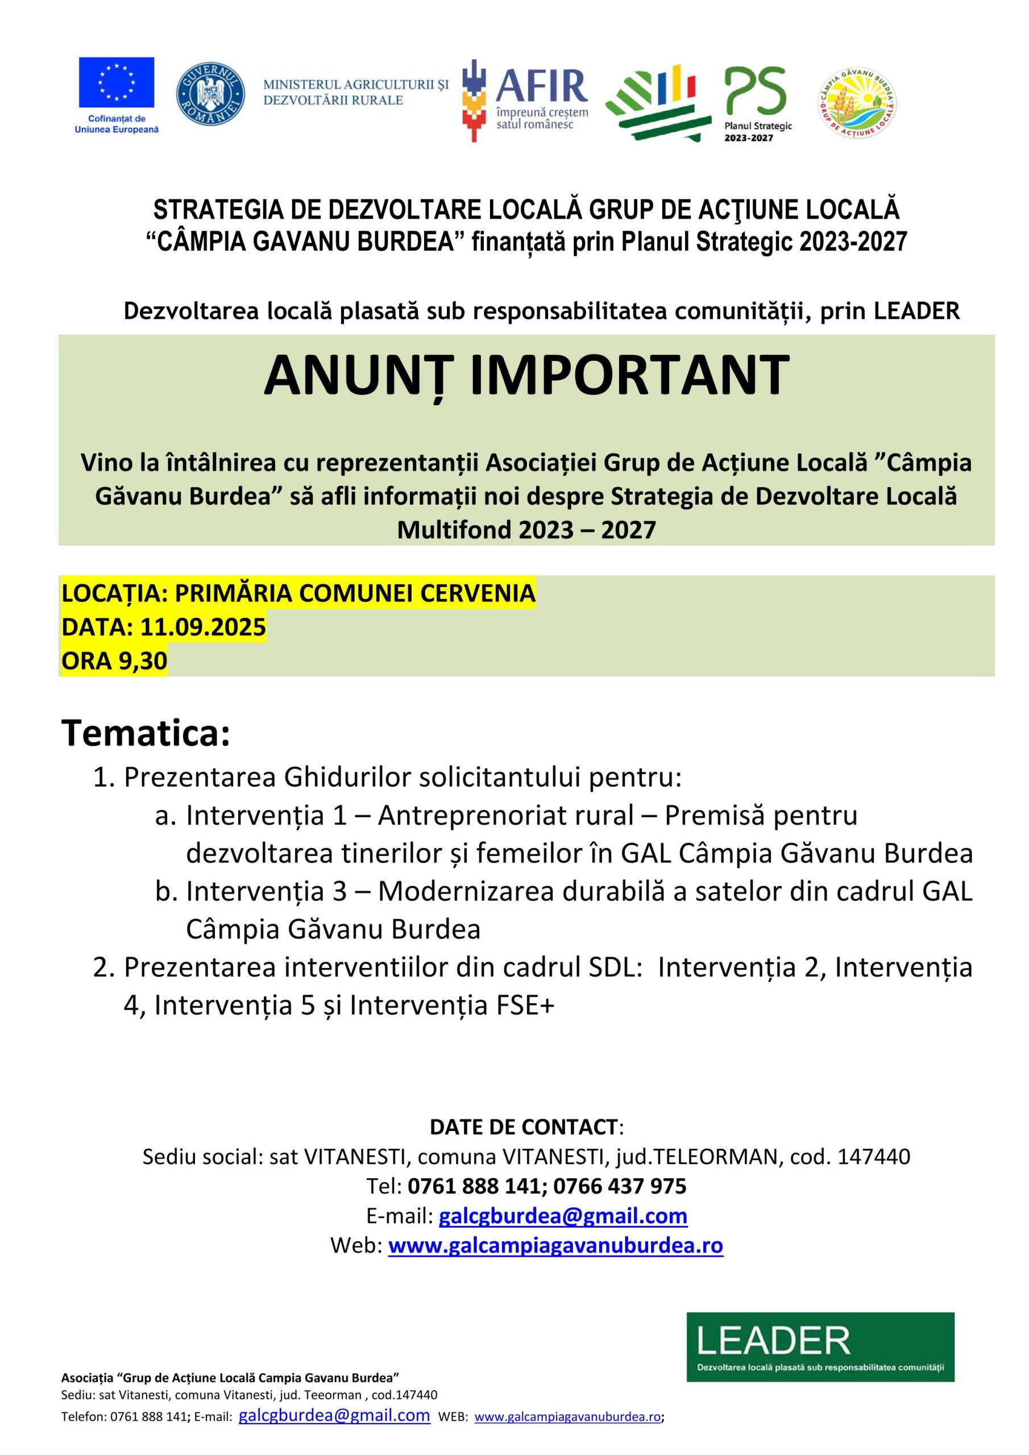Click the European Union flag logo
click(116, 82)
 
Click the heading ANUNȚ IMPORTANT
click(526, 375)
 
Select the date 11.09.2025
click(203, 627)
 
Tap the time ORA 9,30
click(114, 660)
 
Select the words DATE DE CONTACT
click(524, 1126)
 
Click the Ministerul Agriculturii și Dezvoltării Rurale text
click(356, 92)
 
